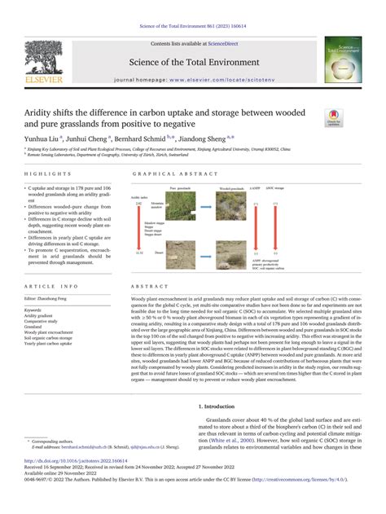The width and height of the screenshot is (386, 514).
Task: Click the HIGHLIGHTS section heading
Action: tap(42, 174)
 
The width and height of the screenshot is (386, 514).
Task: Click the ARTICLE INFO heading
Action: tap(51, 286)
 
